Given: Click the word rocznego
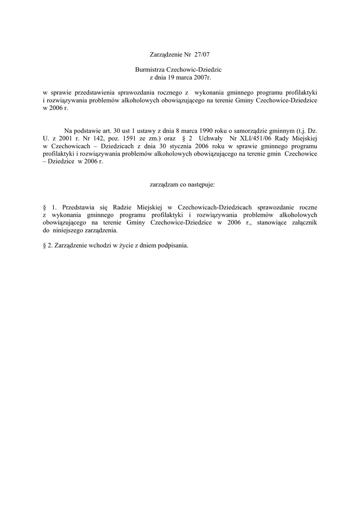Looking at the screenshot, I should tap(168, 93).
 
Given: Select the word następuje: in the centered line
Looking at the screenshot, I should tap(200, 184).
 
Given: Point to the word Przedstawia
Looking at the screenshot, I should tap(80, 207).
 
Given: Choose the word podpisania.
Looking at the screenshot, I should tap(173, 246).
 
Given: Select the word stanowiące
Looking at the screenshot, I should tap(269, 223).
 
